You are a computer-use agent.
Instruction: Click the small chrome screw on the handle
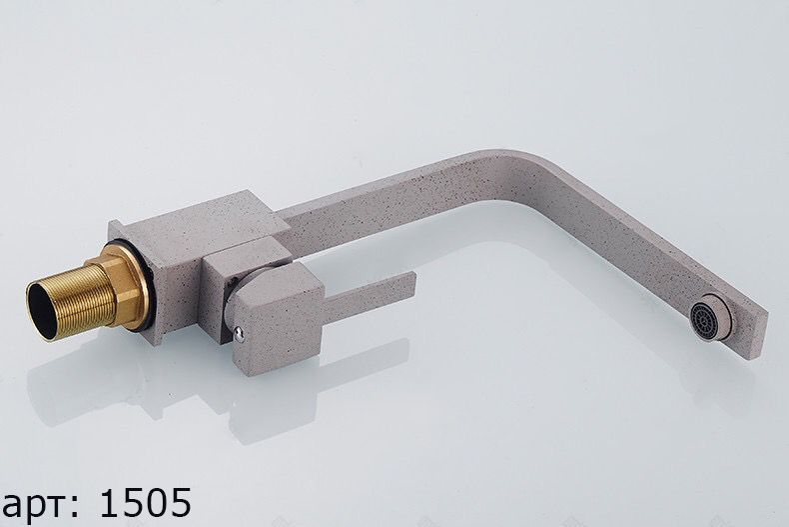click(x=240, y=334)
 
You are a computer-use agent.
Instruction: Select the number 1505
click(x=146, y=503)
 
